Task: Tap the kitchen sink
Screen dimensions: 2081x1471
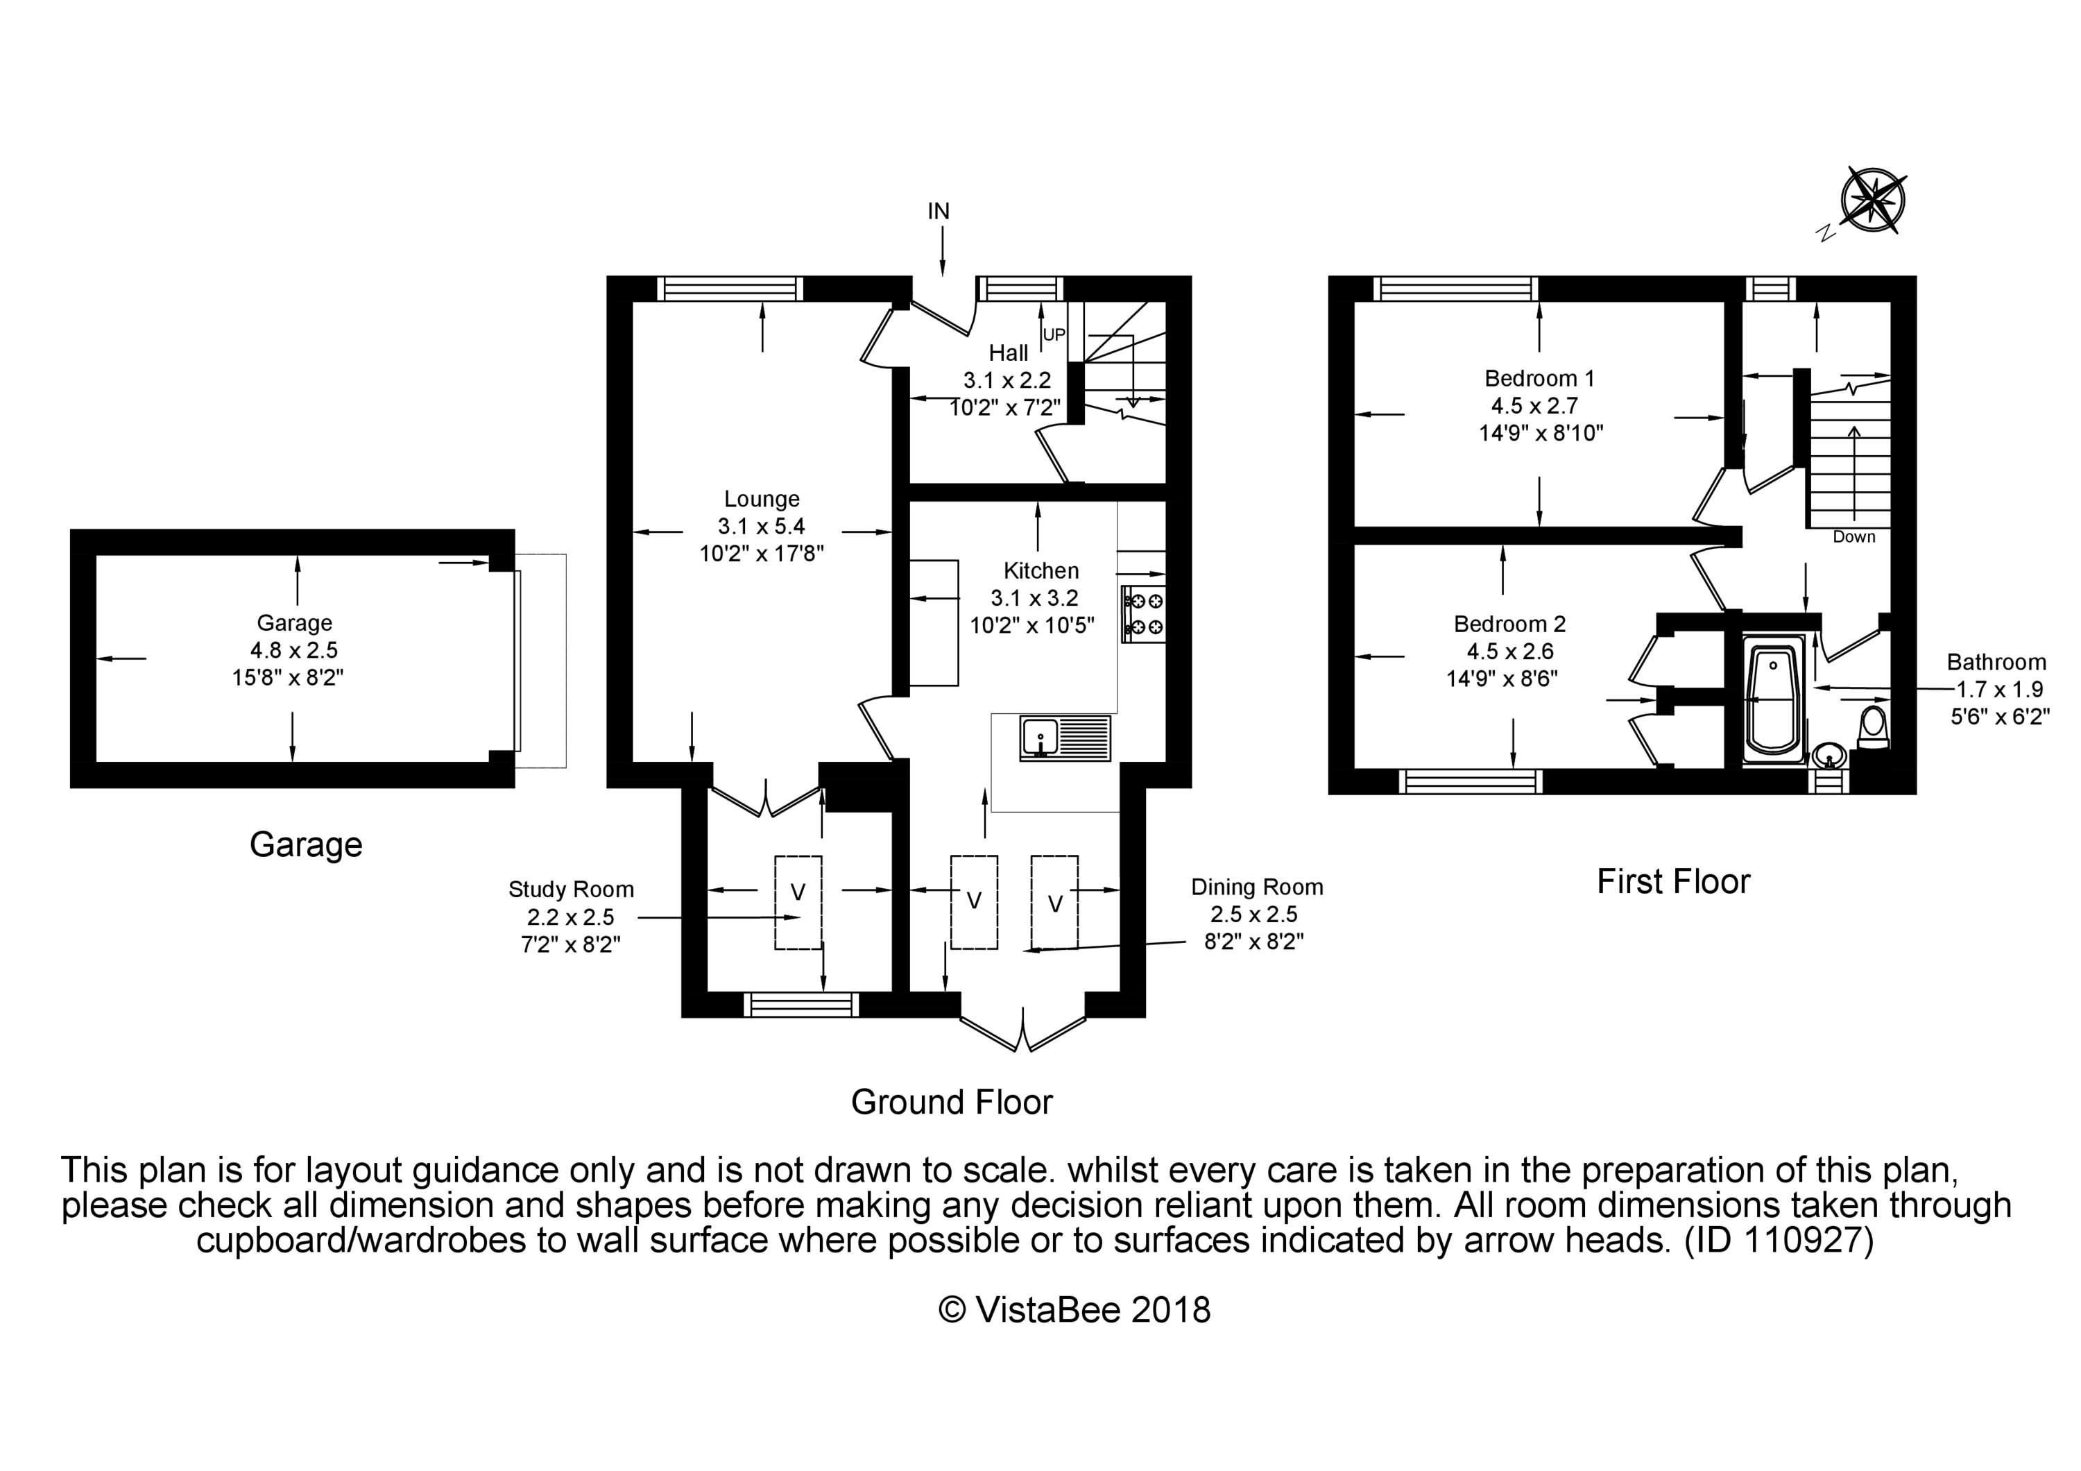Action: tap(1065, 738)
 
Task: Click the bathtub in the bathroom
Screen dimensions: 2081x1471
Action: tap(1773, 699)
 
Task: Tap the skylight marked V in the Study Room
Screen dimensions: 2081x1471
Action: tap(798, 903)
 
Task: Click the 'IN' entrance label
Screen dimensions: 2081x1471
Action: tap(938, 211)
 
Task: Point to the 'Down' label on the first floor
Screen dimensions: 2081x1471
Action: tap(1853, 536)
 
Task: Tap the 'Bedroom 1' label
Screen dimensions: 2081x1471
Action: tap(1539, 378)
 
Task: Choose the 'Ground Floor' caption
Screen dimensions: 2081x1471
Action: tap(952, 1102)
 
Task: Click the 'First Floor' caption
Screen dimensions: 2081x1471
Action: tap(1673, 881)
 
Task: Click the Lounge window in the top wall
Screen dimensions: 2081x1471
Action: tap(730, 288)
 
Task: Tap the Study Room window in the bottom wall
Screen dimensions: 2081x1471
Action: tap(800, 1004)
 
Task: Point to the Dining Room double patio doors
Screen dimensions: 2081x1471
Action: tap(1022, 1030)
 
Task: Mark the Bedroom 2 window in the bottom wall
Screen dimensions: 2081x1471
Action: tap(1470, 781)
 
